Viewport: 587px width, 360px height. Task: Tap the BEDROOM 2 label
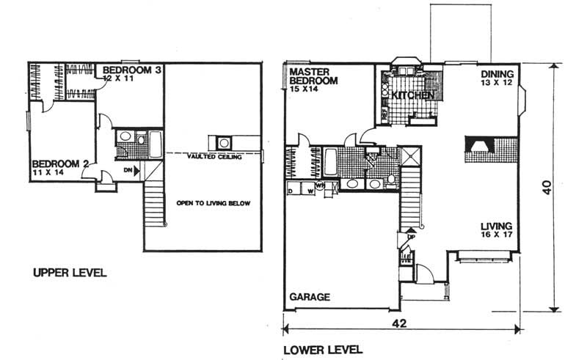click(x=59, y=163)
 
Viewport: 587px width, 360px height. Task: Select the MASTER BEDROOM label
click(x=313, y=76)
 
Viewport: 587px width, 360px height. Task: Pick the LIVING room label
click(x=496, y=226)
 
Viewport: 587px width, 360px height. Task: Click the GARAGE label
click(x=309, y=297)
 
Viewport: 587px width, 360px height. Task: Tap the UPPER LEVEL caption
click(x=70, y=273)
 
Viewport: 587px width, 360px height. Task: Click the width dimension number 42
click(x=399, y=323)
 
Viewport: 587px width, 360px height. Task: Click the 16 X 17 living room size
click(x=497, y=237)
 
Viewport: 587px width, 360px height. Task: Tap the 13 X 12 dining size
click(x=498, y=84)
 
